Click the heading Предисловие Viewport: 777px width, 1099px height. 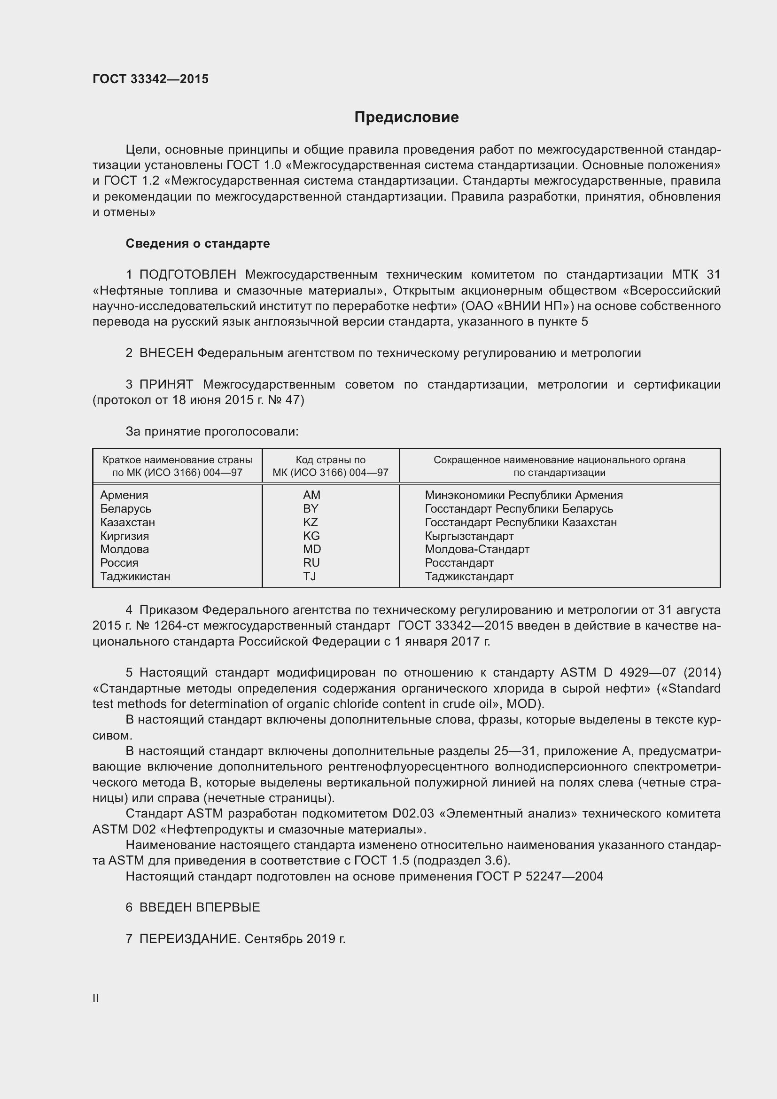click(406, 117)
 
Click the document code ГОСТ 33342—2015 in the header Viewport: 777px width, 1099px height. click(150, 79)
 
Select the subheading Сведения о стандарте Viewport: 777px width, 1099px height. click(198, 244)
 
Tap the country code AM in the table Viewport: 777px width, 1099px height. click(311, 495)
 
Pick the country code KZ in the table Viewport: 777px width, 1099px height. click(311, 522)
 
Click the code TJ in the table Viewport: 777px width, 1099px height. click(310, 577)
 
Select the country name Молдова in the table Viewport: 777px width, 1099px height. click(124, 549)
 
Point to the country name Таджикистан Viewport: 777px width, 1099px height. click(135, 577)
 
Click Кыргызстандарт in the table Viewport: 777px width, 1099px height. click(469, 536)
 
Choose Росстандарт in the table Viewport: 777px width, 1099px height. click(459, 563)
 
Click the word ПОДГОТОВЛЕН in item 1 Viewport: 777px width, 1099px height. click(187, 275)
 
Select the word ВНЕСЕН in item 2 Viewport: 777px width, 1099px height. click(166, 353)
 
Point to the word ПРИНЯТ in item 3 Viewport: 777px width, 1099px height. click(166, 384)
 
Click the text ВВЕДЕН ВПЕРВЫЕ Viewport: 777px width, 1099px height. click(200, 907)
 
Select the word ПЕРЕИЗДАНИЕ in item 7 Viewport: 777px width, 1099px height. click(188, 939)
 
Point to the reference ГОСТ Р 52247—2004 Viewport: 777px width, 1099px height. click(540, 876)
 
